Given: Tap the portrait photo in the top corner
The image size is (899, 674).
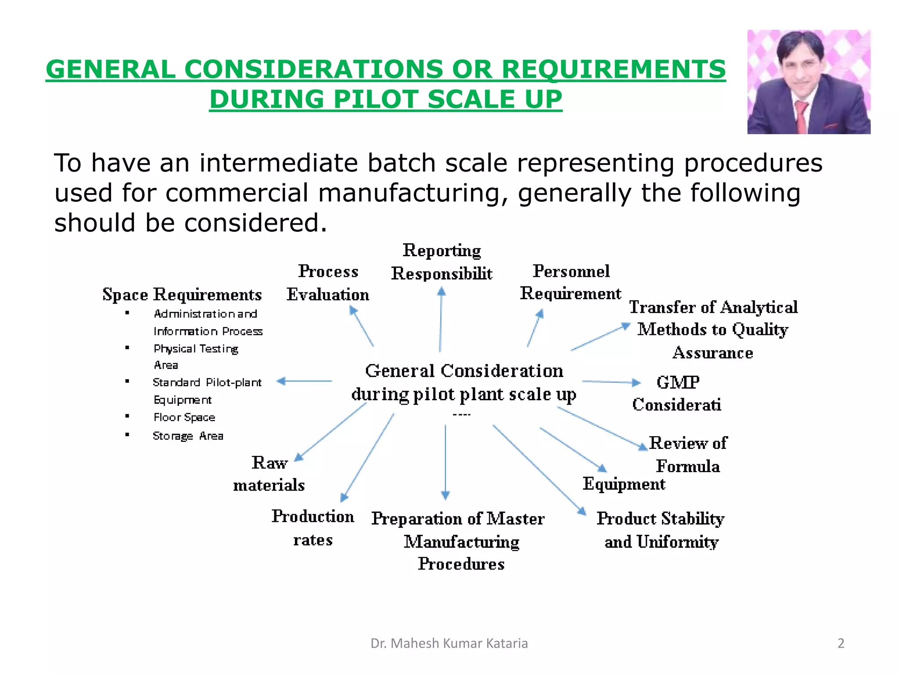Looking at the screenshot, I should click(x=809, y=82).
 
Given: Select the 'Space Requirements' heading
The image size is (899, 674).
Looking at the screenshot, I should click(x=182, y=294).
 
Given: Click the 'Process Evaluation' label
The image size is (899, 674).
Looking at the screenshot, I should click(x=328, y=283).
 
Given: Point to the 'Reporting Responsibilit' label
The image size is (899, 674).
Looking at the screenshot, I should click(x=442, y=262).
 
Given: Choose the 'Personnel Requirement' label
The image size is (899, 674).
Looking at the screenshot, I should click(x=571, y=282).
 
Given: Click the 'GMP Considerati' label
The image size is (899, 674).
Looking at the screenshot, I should click(x=677, y=394).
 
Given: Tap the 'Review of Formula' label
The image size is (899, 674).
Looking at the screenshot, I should click(x=688, y=455).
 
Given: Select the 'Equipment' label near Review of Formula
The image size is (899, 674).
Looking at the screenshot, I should click(x=624, y=484).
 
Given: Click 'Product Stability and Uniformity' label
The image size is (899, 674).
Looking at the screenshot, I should click(x=661, y=530).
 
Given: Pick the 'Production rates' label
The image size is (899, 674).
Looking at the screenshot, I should click(x=313, y=528).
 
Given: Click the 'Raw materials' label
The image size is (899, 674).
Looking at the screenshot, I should click(x=269, y=474).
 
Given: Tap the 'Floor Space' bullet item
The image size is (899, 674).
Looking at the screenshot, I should click(x=184, y=417).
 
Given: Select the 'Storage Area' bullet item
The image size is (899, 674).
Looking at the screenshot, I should click(x=188, y=436).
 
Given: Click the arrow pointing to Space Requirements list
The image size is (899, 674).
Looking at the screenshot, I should click(x=304, y=381).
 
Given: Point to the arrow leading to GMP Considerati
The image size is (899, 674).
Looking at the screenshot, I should click(x=611, y=382).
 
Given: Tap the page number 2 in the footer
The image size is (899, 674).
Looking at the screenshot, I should click(x=841, y=643).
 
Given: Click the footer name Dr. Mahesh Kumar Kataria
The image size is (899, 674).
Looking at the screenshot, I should click(x=449, y=643).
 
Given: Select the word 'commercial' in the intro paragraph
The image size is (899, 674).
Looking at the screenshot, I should click(x=237, y=193).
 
